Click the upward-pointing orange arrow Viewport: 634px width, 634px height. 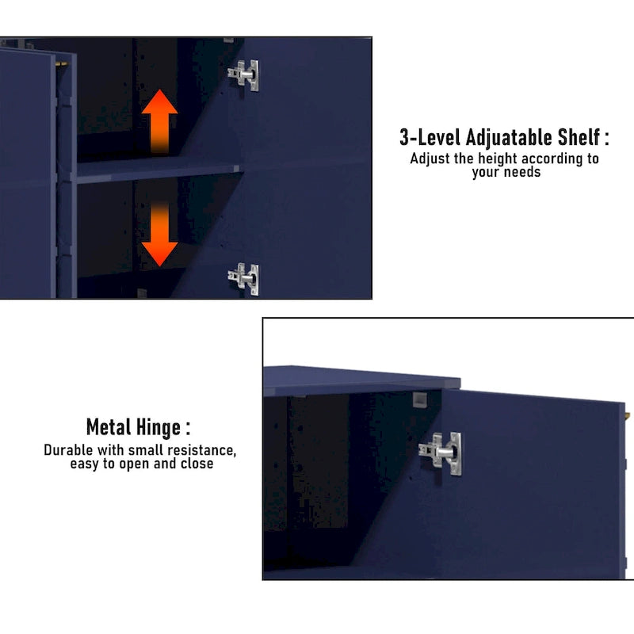159,121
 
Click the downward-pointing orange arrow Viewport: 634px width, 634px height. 159,235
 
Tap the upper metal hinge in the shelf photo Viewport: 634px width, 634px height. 243,75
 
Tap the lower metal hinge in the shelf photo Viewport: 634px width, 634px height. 243,279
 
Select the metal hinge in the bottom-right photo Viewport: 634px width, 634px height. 441,453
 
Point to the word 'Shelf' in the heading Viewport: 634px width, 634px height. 579,137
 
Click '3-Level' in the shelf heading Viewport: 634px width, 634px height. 430,137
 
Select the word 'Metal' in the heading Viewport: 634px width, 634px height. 108,427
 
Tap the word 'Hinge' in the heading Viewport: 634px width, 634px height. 158,428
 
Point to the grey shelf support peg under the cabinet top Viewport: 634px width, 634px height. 419,399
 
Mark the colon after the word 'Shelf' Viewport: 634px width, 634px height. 606,138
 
